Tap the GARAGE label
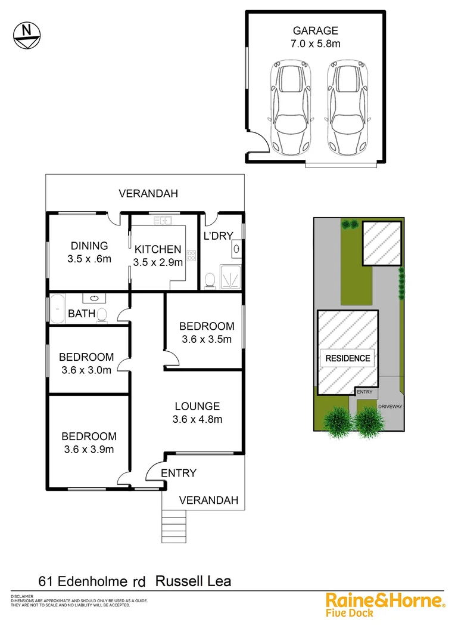[x=315, y=31]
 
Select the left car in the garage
[x=288, y=108]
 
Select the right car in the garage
[x=347, y=108]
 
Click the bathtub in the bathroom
[x=58, y=309]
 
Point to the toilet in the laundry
[x=210, y=280]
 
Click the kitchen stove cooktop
[x=192, y=256]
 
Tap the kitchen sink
[x=163, y=221]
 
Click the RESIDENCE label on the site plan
[x=347, y=358]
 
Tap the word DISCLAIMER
[x=21, y=596]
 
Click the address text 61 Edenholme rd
[x=93, y=580]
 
